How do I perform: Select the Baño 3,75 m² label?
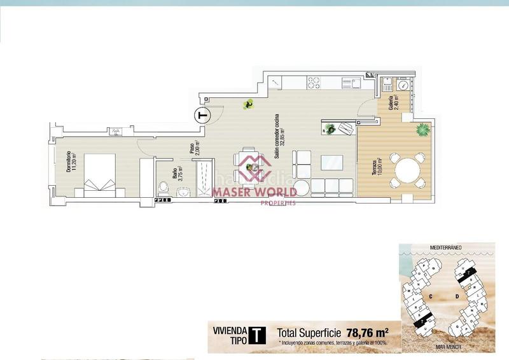pyautogui.click(x=178, y=174)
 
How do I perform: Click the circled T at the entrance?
pyautogui.click(x=202, y=116)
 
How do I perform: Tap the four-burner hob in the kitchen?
pyautogui.click(x=314, y=83)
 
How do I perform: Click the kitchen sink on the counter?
pyautogui.click(x=351, y=83)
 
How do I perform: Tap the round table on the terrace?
pyautogui.click(x=408, y=170)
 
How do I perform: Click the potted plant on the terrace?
pyautogui.click(x=422, y=130)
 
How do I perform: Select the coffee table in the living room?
pyautogui.click(x=331, y=162)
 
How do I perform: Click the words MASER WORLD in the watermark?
pyautogui.click(x=254, y=191)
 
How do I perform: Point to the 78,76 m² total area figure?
pyautogui.click(x=368, y=333)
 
